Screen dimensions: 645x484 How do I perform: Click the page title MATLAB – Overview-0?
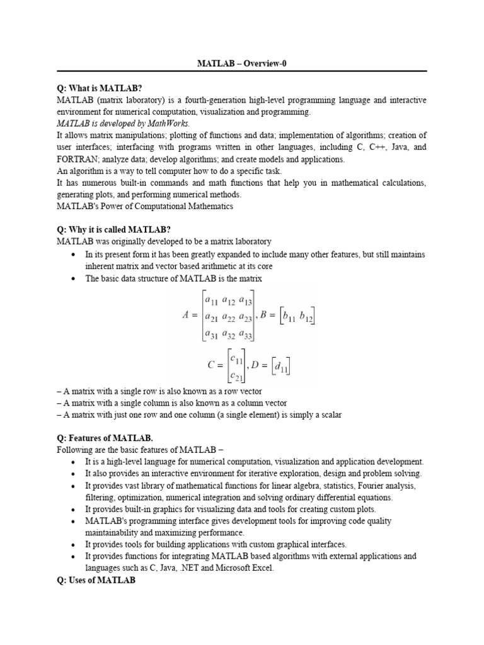(x=242, y=64)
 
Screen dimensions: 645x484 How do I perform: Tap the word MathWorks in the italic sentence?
(x=153, y=123)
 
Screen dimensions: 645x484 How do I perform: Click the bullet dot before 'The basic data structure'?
(x=75, y=278)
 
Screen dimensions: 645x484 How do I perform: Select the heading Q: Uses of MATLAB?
(x=96, y=579)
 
